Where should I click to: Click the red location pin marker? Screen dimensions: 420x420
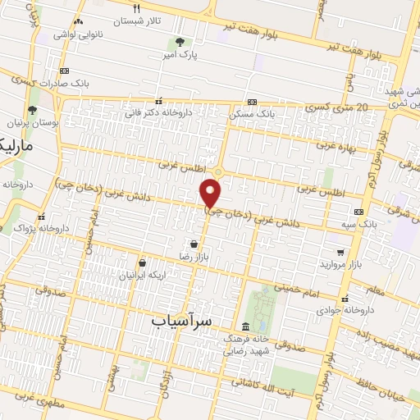point(211,194)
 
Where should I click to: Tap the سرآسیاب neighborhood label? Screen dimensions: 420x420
point(181,322)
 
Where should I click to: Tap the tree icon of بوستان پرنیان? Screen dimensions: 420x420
point(32,110)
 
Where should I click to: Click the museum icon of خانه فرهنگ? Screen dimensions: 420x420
point(246,326)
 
